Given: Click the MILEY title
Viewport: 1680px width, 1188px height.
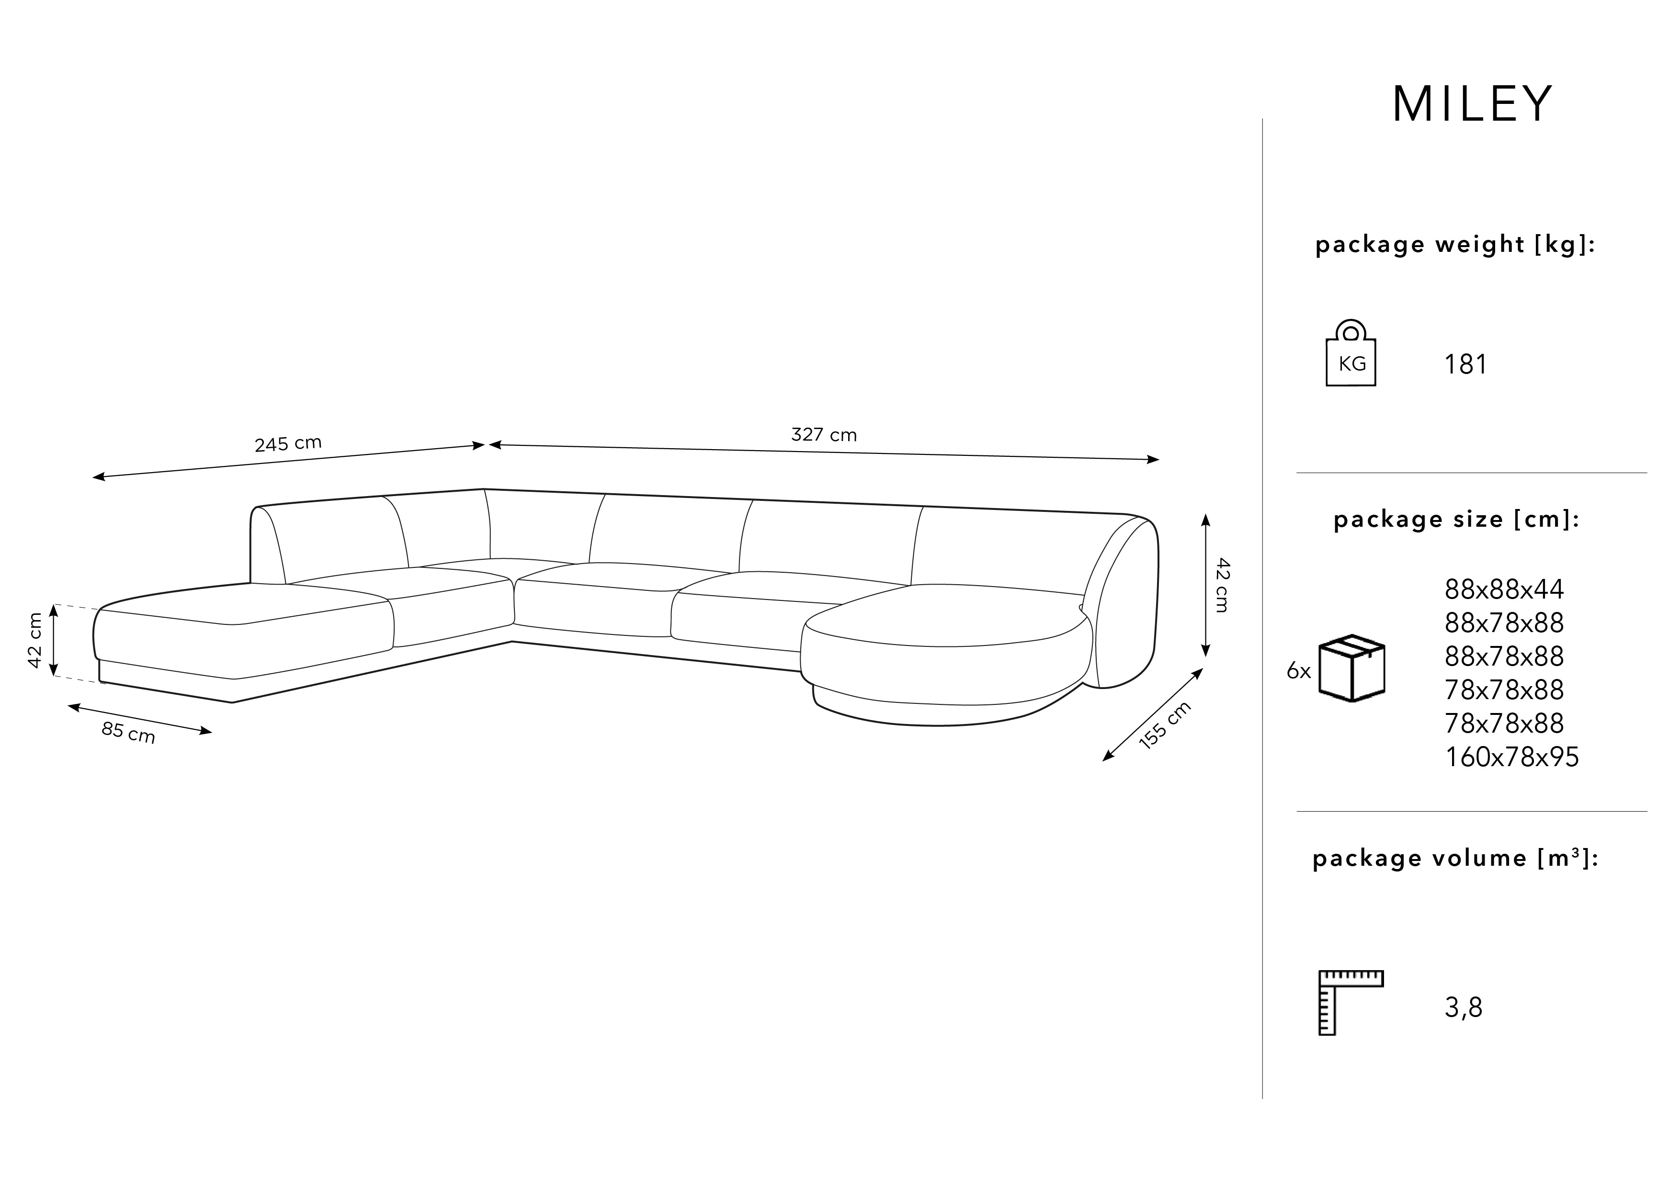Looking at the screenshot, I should pyautogui.click(x=1472, y=104).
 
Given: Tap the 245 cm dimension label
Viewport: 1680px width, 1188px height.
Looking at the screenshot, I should pyautogui.click(x=287, y=444).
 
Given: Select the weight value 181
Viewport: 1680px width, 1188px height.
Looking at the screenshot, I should pyautogui.click(x=1465, y=365).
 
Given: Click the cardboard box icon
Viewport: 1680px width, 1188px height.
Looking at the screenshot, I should pyautogui.click(x=1351, y=668).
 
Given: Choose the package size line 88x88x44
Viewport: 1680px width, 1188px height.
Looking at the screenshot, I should pyautogui.click(x=1504, y=589).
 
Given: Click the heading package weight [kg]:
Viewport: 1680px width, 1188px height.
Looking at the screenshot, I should pyautogui.click(x=1454, y=244).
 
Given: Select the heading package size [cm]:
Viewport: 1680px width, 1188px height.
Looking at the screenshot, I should pyautogui.click(x=1456, y=520).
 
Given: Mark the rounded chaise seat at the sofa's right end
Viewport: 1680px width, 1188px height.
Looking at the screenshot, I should pyautogui.click(x=944, y=622).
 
